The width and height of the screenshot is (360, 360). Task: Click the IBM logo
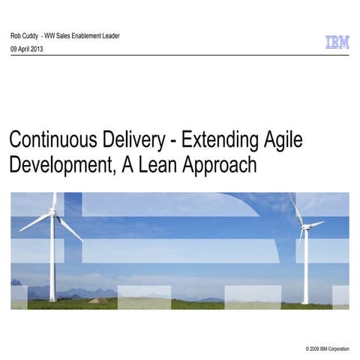pyautogui.click(x=337, y=43)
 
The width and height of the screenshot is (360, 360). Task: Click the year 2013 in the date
pyautogui.click(x=43, y=48)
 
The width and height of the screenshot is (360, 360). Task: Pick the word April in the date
pyautogui.click(x=26, y=48)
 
